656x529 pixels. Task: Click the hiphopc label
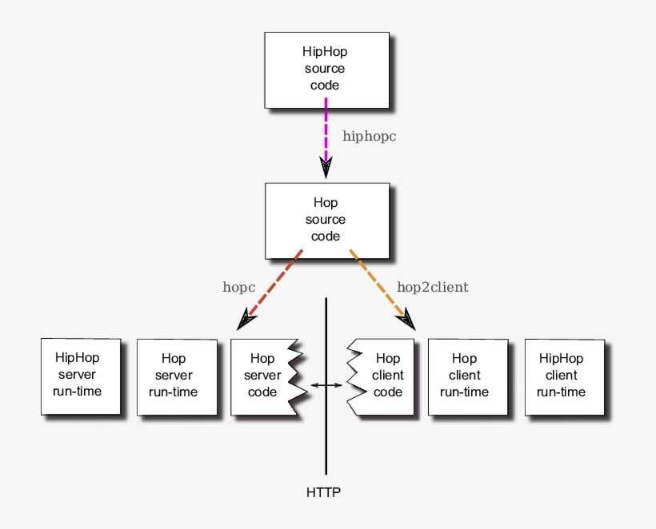click(x=369, y=137)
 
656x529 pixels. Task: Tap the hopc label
click(x=238, y=286)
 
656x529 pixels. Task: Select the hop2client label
click(x=432, y=286)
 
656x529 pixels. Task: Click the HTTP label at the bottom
click(x=324, y=492)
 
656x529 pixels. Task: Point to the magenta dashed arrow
click(x=326, y=128)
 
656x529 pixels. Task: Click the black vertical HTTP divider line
click(x=326, y=432)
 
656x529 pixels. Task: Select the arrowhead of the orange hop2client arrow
click(x=408, y=320)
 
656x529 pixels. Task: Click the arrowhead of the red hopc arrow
click(x=246, y=320)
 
